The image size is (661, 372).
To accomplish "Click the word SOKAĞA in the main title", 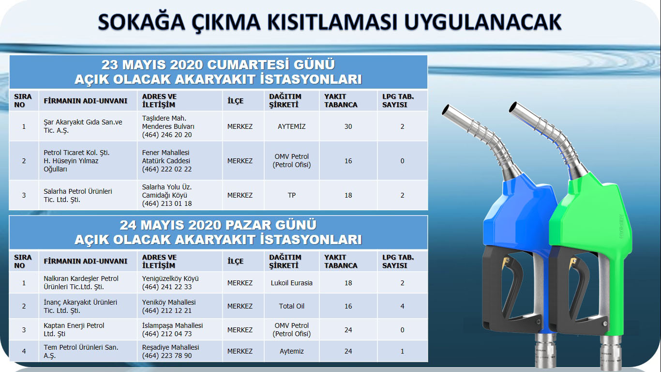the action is pyautogui.click(x=141, y=22).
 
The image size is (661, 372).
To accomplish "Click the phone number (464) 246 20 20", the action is pyautogui.click(x=167, y=135).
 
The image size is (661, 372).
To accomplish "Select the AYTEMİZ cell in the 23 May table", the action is pyautogui.click(x=291, y=126).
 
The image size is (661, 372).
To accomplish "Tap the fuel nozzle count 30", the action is pyautogui.click(x=348, y=126).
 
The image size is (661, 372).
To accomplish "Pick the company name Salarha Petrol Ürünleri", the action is pyautogui.click(x=78, y=191).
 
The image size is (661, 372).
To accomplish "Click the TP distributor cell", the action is pyautogui.click(x=292, y=195).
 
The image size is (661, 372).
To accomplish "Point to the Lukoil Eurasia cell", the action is pyautogui.click(x=292, y=283).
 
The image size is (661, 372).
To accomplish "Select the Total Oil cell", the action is pyautogui.click(x=292, y=306).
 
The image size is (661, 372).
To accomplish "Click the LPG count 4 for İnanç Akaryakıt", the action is pyautogui.click(x=402, y=306).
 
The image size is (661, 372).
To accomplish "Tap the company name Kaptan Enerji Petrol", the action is pyautogui.click(x=74, y=325).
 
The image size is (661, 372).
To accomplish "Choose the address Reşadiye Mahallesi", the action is pyautogui.click(x=170, y=347).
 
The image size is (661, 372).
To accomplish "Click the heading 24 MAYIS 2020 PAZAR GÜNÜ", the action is pyautogui.click(x=218, y=225).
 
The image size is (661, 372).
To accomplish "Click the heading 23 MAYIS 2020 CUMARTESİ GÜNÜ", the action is pyautogui.click(x=218, y=65).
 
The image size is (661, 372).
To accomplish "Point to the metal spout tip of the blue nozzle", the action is pyautogui.click(x=446, y=110).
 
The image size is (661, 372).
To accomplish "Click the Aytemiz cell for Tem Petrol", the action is pyautogui.click(x=292, y=351).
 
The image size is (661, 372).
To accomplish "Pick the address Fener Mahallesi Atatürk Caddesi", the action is pyautogui.click(x=166, y=156).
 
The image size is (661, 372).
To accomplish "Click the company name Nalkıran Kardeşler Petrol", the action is pyautogui.click(x=81, y=279).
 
